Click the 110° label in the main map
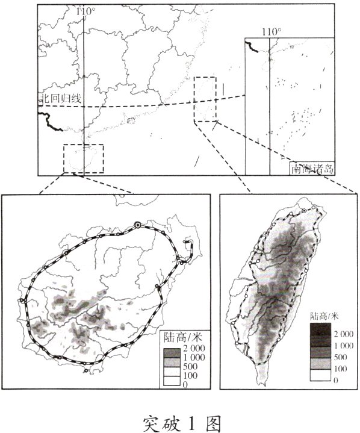tap(86, 11)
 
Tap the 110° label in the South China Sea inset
tap(272, 32)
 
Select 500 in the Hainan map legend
tap(190, 367)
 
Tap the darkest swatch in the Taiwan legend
tap(318, 328)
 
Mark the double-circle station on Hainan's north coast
tap(138, 225)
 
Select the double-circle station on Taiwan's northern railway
tap(305, 211)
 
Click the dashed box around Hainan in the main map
tap(84, 158)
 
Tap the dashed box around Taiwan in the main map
tap(205, 99)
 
